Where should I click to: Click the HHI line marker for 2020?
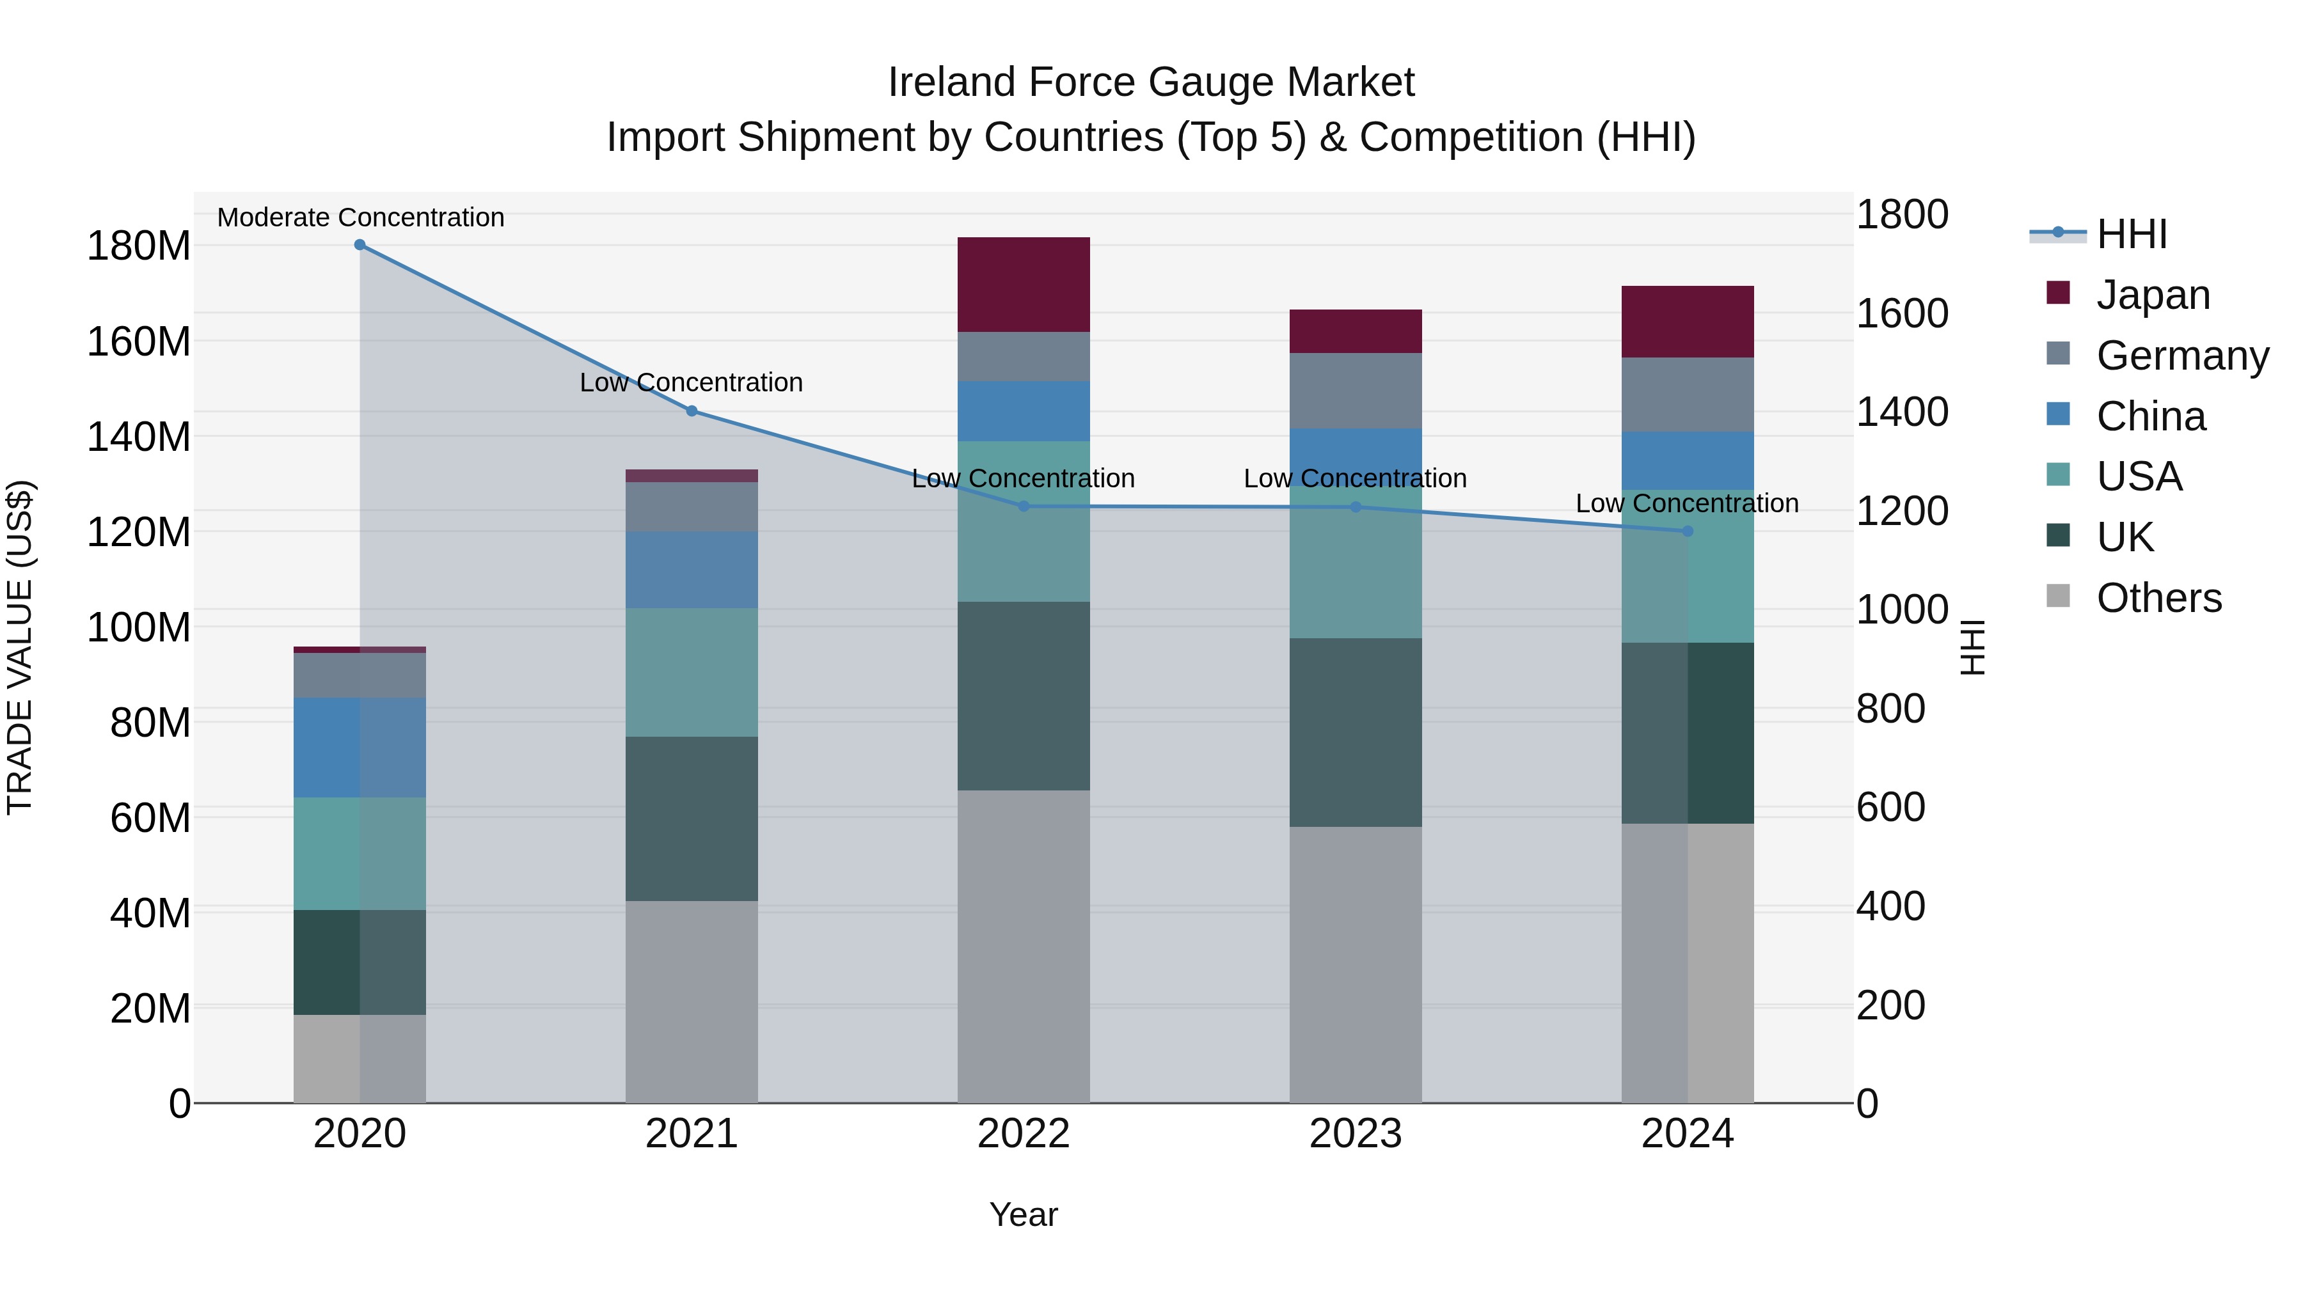360,245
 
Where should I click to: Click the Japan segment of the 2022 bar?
1023,284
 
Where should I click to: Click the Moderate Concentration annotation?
360,217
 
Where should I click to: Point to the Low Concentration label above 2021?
691,382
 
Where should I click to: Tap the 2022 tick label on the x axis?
1023,1134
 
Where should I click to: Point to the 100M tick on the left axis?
139,627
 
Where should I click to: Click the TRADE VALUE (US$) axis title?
20,647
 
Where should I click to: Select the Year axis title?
1023,1214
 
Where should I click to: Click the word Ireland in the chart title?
951,82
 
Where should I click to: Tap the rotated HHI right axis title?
1972,647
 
